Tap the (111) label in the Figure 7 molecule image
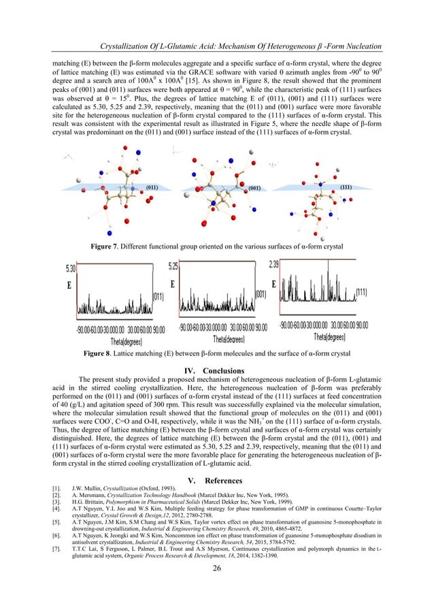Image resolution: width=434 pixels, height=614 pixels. (346, 186)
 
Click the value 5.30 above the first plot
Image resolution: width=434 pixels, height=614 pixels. (71, 268)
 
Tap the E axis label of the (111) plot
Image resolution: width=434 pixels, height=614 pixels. (275, 285)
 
